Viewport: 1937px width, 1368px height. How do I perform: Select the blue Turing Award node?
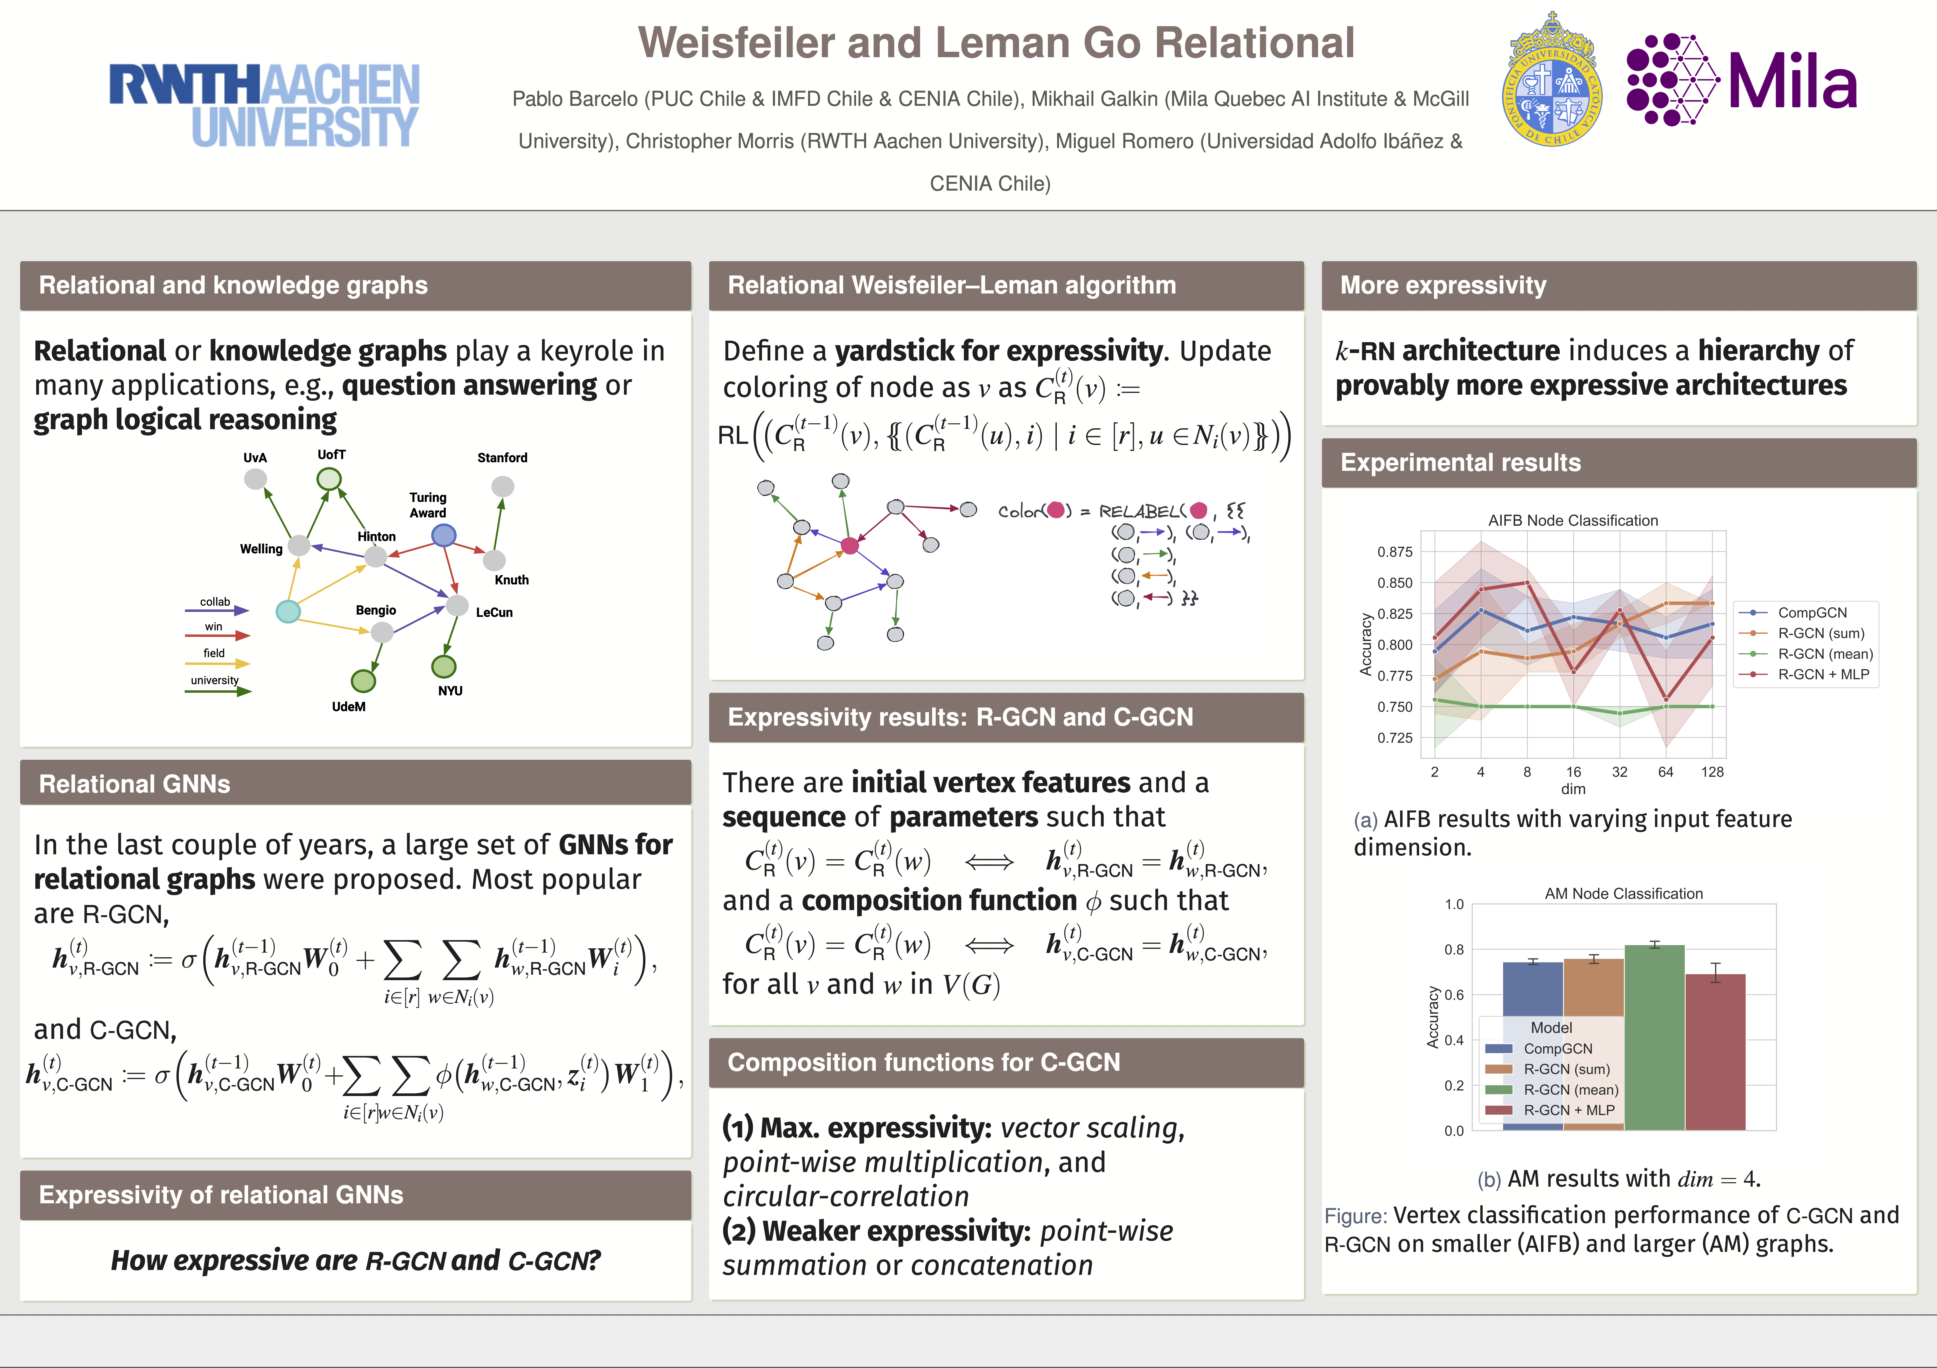[444, 535]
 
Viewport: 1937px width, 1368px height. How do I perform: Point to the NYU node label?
[450, 691]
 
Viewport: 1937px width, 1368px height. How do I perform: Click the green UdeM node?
[363, 680]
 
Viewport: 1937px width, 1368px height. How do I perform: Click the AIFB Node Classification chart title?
[1573, 520]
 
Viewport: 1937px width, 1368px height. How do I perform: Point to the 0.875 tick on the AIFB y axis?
[1395, 552]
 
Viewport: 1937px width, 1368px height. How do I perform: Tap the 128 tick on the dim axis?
[1712, 772]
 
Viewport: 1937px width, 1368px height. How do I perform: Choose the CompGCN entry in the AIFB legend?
[1811, 612]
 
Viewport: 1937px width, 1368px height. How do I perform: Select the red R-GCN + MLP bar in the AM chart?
[1715, 1054]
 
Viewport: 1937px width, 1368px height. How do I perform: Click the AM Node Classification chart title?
[1623, 893]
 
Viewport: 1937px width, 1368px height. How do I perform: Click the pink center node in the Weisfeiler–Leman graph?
[849, 546]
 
